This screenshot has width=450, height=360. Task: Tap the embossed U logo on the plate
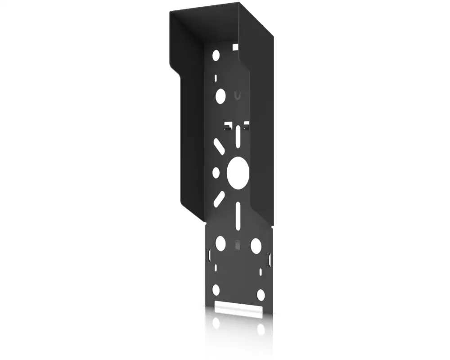click(237, 95)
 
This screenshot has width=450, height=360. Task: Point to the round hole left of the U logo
click(220, 96)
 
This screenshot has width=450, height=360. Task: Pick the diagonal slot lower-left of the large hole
click(219, 198)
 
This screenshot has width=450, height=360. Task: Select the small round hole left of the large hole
click(216, 172)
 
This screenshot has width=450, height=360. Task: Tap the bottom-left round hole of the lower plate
click(216, 289)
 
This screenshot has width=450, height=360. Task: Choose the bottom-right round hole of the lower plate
click(261, 294)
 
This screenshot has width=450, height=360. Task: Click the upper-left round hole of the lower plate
click(220, 243)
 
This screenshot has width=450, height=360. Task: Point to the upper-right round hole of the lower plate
click(256, 245)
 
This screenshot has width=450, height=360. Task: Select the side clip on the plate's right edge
click(269, 260)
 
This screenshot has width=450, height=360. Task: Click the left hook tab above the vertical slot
click(229, 124)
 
